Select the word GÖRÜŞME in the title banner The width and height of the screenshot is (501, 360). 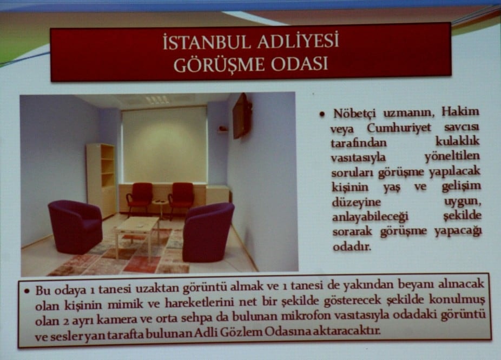[x=214, y=64]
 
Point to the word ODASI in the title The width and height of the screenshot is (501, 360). [x=296, y=64]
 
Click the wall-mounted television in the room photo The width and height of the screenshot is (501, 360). [x=241, y=115]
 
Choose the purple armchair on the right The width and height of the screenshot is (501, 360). [x=208, y=230]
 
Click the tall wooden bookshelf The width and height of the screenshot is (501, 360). [x=101, y=178]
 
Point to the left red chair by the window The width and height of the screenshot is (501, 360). [x=140, y=196]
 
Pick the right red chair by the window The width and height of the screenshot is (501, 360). [x=181, y=196]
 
